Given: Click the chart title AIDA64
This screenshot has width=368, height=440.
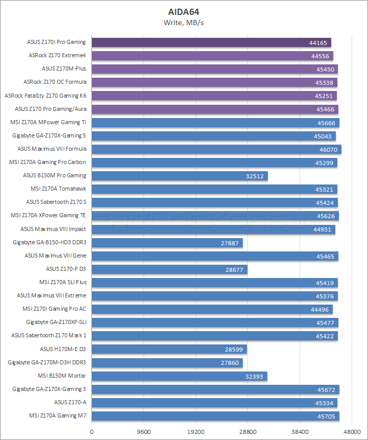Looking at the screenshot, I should point(183,11).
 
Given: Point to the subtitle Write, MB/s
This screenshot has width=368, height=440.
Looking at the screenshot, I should point(183,22).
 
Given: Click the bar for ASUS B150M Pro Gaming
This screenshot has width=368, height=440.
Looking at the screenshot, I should point(179,175).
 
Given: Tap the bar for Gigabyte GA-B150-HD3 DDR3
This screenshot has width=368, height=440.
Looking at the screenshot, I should point(167,242).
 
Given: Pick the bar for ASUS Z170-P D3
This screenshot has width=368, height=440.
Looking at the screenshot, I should point(169,268).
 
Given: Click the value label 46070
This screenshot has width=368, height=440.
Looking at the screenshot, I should point(328,149).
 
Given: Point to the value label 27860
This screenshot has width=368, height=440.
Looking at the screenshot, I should point(230,362).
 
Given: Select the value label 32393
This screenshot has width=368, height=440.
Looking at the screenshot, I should point(255,376).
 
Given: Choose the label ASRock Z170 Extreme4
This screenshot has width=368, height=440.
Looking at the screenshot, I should point(57,55).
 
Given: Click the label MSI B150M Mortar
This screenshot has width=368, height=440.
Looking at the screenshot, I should point(62,376).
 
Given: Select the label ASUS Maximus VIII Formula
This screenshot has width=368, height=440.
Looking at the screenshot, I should point(52,149).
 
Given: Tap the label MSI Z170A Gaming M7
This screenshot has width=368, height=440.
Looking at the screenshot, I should point(57,415).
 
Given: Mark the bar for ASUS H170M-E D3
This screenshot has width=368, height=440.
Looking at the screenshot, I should point(169,349).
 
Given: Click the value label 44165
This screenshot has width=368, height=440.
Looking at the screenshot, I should point(318,42).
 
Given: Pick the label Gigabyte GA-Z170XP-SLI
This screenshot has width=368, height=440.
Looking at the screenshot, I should point(56,322).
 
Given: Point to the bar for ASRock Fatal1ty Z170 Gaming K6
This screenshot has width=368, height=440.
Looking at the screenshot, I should point(214,96).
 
